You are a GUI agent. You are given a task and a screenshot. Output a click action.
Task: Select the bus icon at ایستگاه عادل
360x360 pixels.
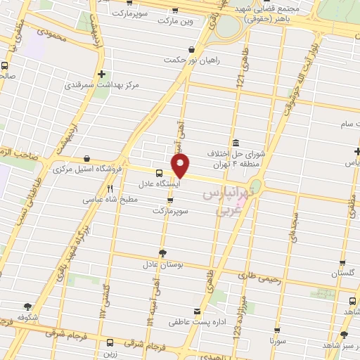[x=160, y=173]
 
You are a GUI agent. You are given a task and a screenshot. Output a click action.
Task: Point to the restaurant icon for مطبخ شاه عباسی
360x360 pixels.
[x=110, y=188]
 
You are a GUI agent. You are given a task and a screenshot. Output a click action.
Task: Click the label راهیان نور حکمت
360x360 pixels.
[x=191, y=60]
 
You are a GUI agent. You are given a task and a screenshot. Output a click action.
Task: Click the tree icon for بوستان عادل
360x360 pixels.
[x=163, y=253]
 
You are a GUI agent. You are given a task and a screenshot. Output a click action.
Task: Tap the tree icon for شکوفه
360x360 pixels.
[x=28, y=306]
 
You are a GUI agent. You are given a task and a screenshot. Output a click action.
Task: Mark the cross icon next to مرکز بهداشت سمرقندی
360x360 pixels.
[x=103, y=74]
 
